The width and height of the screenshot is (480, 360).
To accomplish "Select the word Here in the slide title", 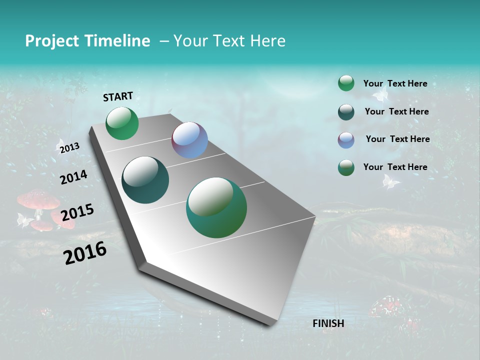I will coord(267,41).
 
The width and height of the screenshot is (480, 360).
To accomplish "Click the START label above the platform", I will coord(118,96).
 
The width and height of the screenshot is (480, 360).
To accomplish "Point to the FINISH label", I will coord(328,323).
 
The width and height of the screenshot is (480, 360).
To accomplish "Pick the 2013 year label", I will coord(69,147).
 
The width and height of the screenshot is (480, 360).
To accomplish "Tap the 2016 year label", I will coord(85,253).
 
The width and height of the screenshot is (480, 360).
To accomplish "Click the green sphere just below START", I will coord(122,123).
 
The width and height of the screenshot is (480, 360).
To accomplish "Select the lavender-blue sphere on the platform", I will coord(189,140).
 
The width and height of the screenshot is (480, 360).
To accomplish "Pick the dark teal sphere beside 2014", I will coord(145,180).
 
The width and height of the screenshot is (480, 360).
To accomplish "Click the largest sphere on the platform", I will coord(216,207).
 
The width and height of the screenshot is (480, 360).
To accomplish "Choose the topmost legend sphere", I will coord(346,83).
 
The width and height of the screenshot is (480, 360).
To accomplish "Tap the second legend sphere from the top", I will coord(346,112).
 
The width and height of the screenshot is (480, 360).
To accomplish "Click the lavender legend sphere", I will coord(346,140).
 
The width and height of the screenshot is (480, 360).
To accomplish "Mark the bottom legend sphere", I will coord(346,167).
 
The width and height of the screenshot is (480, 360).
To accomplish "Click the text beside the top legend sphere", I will coord(395,83).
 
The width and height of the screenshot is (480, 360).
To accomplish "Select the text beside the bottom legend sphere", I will coord(395,167).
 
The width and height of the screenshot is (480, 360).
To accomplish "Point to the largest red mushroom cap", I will coord(38,199).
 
